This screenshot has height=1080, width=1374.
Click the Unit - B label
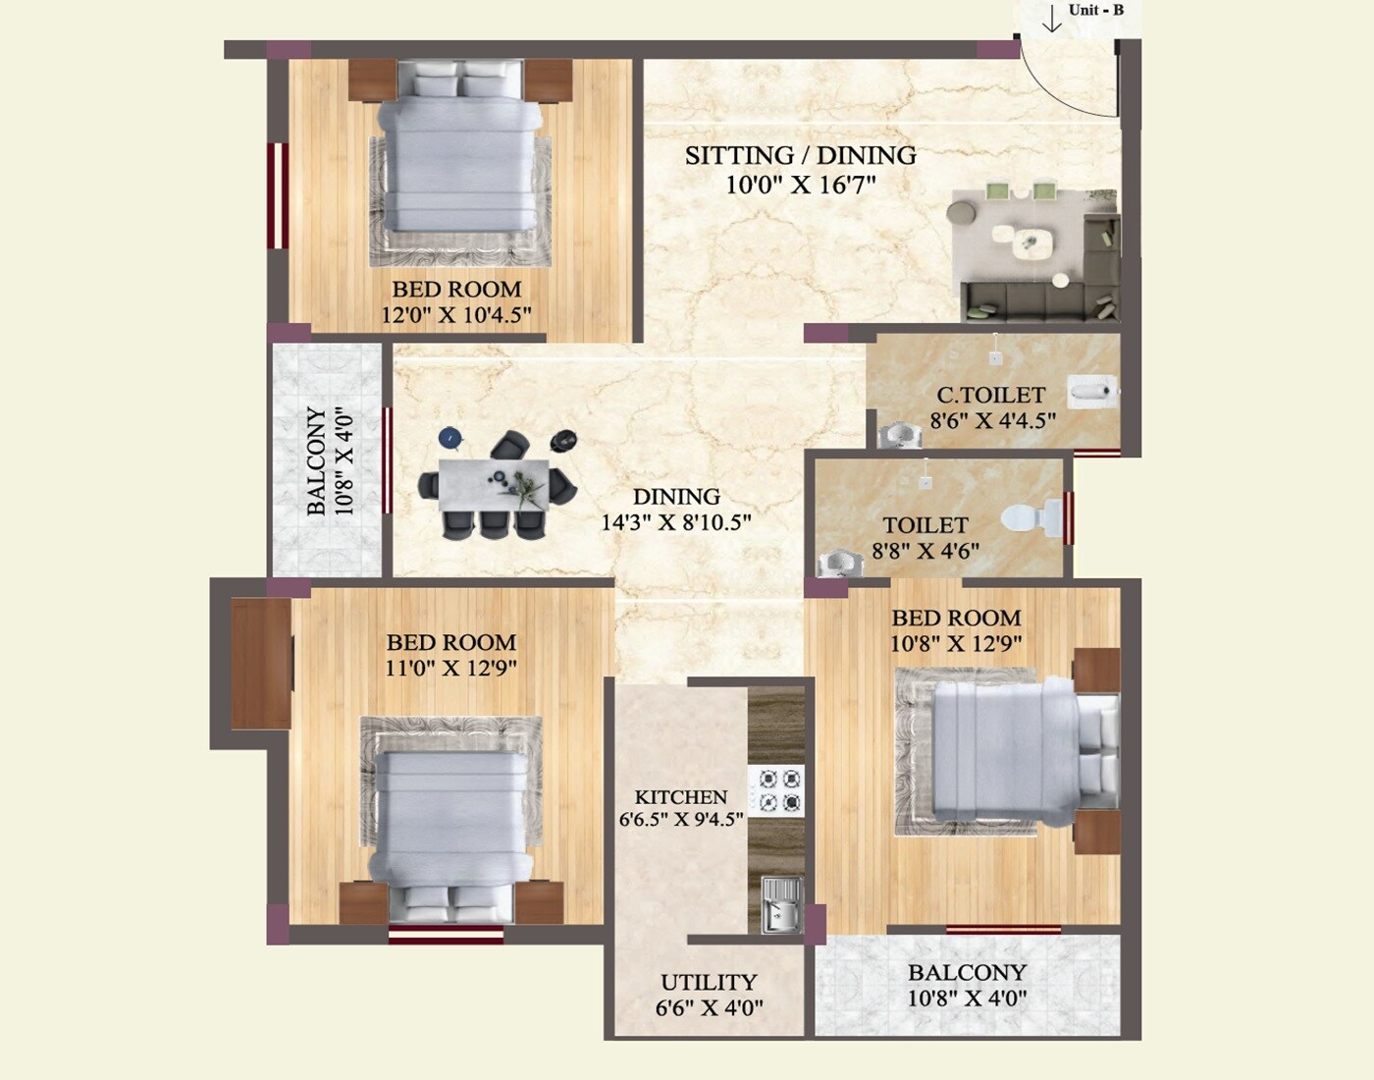coord(1095,10)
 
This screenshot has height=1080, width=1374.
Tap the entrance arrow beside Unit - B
coord(1052,19)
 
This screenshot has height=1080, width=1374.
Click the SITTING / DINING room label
coord(800,155)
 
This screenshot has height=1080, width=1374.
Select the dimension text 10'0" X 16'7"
coord(800,184)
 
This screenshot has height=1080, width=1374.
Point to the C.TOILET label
coord(990,395)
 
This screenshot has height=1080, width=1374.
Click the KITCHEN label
coord(680,797)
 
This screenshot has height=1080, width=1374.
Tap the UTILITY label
coord(708,982)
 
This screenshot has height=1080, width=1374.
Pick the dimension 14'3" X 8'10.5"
coord(675,522)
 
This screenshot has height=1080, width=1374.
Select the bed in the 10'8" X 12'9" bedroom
coord(1011,751)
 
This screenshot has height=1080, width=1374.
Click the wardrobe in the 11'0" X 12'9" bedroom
coord(261,664)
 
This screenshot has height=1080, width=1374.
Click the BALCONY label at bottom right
coord(966,972)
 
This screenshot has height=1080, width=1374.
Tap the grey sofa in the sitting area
coord(1040,300)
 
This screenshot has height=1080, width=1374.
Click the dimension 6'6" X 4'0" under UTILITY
coord(708,1007)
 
